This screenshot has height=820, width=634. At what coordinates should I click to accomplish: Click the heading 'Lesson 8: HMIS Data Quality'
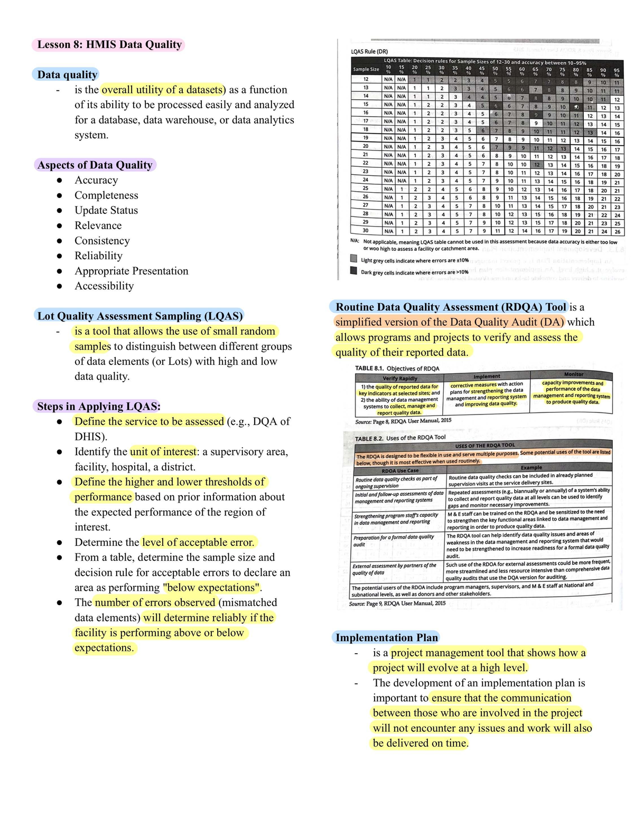pos(109,44)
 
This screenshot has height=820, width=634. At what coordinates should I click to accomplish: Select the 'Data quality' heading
pos(67,74)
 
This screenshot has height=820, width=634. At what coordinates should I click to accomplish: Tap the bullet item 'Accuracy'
pos(96,180)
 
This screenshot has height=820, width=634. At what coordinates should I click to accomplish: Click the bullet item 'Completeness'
pos(106,195)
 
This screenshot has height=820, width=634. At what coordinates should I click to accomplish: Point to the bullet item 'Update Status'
pos(106,210)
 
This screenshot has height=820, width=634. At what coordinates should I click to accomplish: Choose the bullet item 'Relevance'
pos(98,225)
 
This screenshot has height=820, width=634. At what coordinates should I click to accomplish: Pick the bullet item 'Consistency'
pos(102,241)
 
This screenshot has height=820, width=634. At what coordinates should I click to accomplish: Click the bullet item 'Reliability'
pos(98,256)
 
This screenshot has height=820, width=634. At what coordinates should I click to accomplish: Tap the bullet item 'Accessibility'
pos(104,286)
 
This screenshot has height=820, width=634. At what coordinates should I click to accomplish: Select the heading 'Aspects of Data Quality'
pos(95,165)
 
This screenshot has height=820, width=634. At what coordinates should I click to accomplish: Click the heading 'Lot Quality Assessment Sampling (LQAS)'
pos(140,316)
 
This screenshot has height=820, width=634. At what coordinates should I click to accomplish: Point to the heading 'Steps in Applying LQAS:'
pos(99,406)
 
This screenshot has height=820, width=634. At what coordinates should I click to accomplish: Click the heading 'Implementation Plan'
pos(387,637)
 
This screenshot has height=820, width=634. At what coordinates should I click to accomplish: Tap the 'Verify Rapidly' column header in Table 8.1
pos(400,378)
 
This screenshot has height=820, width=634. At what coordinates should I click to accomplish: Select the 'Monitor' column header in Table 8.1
pos(573,374)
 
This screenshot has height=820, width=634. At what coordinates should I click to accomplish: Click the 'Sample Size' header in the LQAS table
pos(366,69)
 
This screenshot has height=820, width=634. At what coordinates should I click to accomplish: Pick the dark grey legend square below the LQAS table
pos(353,270)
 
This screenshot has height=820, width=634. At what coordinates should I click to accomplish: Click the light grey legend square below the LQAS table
pos(353,259)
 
